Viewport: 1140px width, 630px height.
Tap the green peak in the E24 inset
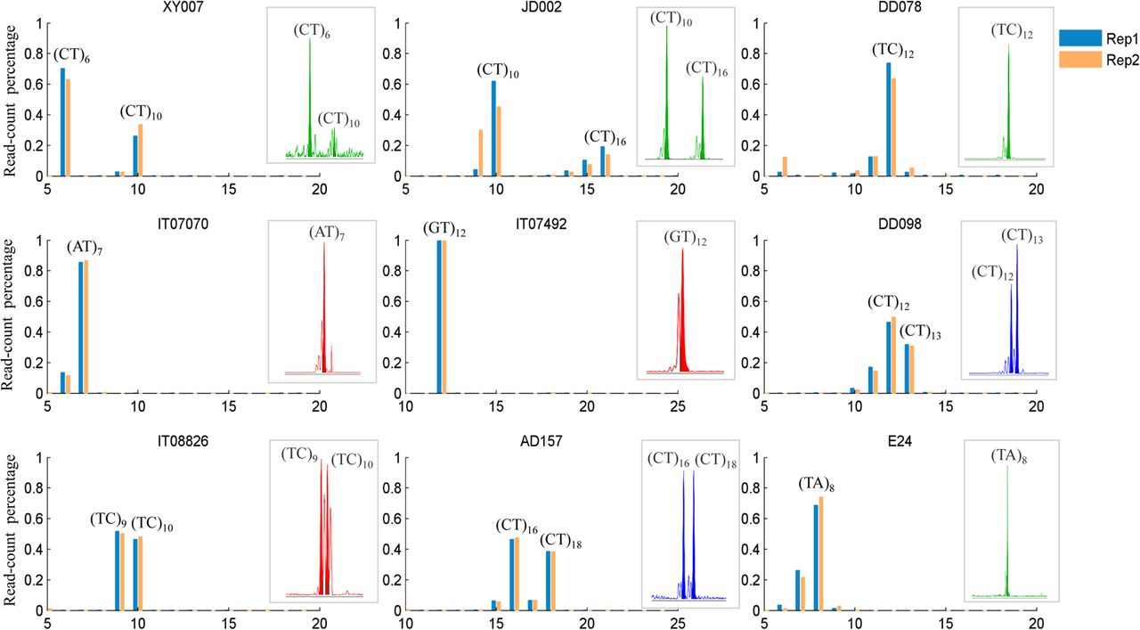pyautogui.click(x=1007, y=535)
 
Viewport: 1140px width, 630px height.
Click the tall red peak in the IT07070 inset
pyautogui.click(x=324, y=312)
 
